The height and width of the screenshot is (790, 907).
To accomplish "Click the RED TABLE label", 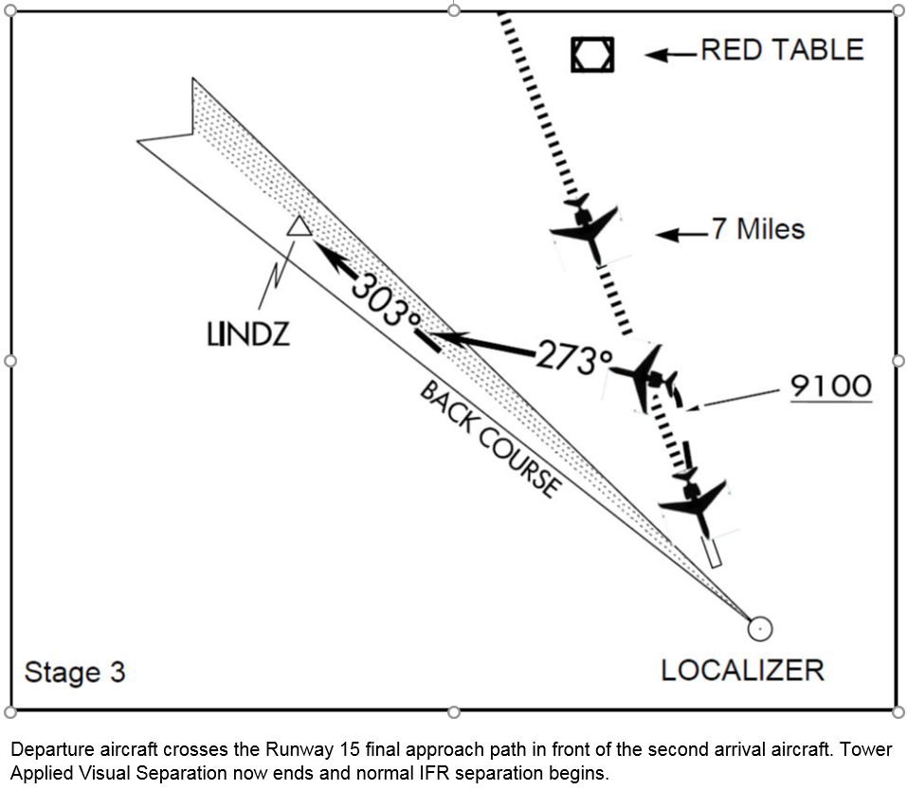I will (782, 49).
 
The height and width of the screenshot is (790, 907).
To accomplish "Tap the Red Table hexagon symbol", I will (592, 55).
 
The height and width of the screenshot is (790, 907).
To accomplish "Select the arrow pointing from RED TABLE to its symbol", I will (671, 54).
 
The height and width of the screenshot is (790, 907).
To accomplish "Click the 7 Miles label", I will (757, 229).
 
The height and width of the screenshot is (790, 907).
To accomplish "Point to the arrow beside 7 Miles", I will (681, 233).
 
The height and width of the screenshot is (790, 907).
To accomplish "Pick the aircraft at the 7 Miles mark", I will (587, 228).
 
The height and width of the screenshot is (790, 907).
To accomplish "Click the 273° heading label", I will (574, 358).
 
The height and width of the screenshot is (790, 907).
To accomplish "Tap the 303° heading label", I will (386, 302).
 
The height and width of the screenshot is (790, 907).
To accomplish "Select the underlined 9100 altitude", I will (830, 386).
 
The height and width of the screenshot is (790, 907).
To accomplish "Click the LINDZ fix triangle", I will (299, 225).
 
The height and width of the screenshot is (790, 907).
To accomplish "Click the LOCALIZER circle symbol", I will (759, 628).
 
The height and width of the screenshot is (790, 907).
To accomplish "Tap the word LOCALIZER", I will (742, 671).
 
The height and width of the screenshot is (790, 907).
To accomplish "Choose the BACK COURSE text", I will (488, 440).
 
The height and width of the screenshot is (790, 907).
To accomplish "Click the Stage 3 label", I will (74, 672).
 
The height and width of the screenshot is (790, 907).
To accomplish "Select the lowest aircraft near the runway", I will (696, 502).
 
